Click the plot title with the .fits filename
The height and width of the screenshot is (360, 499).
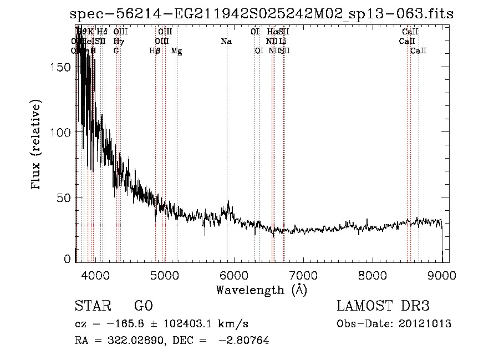pos(262,14)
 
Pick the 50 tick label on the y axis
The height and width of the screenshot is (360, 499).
pos(67,197)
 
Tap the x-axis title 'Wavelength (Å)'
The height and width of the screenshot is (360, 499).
pos(261,290)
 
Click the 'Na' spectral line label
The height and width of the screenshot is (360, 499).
pos(226,42)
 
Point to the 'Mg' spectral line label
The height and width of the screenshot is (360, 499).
pos(176,51)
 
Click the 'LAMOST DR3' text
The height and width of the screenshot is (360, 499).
pos(383,306)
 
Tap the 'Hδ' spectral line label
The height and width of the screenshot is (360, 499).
pos(102,32)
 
